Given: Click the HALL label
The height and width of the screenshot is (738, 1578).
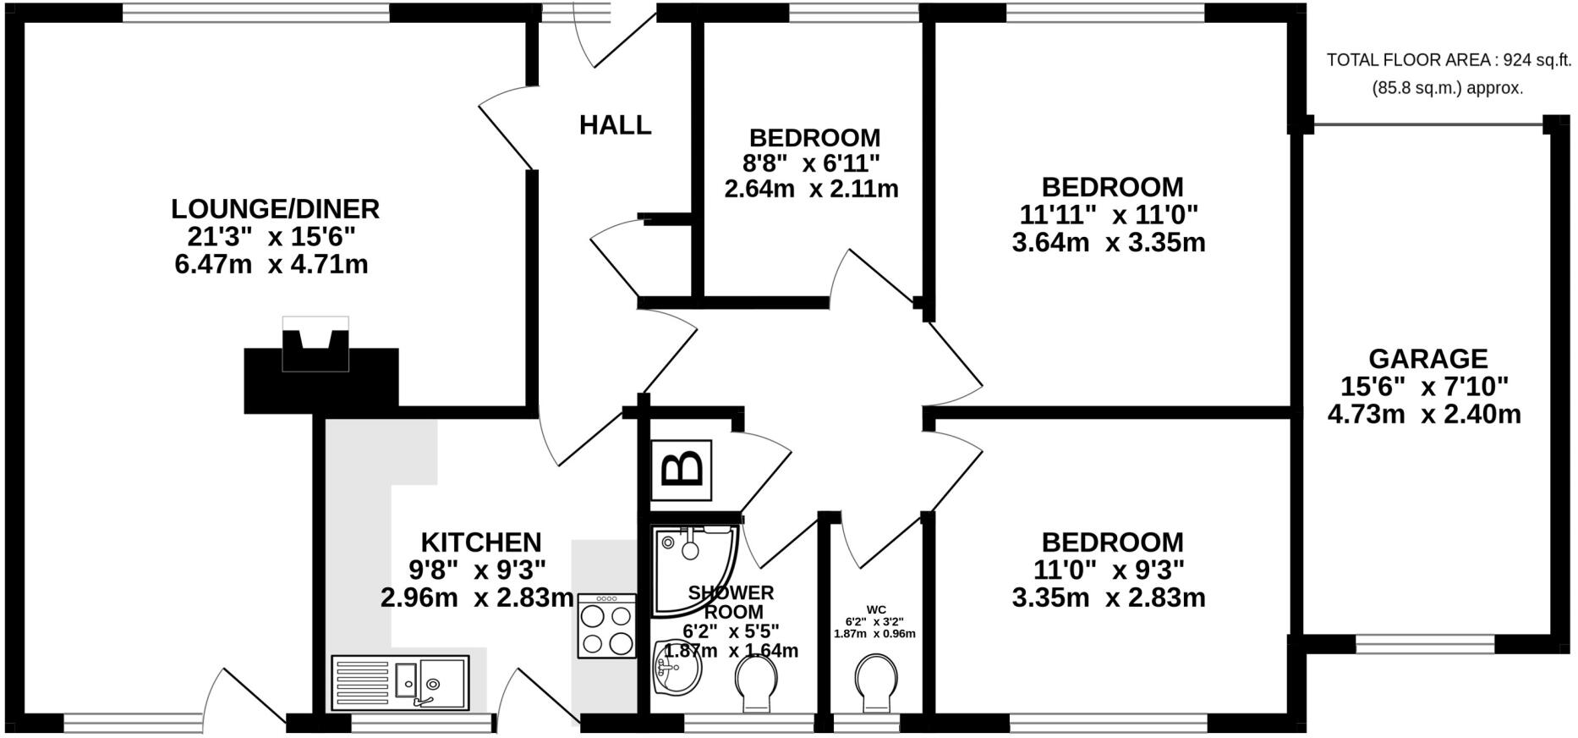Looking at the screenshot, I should tap(615, 125).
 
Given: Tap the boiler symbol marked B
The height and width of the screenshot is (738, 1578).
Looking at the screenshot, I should tap(682, 470).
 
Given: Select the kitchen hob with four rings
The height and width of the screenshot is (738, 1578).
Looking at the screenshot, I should tap(606, 626).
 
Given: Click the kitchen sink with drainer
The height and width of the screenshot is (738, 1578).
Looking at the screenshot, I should tap(400, 682).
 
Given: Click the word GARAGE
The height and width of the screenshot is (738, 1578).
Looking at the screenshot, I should tap(1427, 359).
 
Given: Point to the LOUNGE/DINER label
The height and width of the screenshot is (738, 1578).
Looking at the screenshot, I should tap(275, 209).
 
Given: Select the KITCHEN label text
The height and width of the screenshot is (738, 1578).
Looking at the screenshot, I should tap(480, 542).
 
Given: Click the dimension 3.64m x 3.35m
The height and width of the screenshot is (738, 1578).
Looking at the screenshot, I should tap(1108, 243).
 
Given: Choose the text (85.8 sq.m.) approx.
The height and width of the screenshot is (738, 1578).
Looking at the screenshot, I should tap(1447, 88).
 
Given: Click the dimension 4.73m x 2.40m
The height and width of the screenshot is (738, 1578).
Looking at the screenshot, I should tap(1424, 415).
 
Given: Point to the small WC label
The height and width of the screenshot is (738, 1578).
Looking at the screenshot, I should tap(875, 609).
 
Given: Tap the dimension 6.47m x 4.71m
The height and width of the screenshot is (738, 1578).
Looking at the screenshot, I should tap(271, 265).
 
